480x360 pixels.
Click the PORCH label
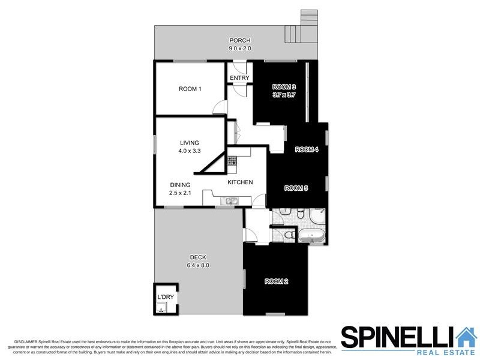[x=239, y=41]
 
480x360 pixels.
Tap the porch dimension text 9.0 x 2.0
[x=239, y=48]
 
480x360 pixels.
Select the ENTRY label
[x=239, y=78]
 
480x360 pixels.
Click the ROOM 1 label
[x=190, y=89]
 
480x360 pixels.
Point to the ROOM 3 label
[x=284, y=86]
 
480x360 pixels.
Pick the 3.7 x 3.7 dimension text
[x=284, y=95]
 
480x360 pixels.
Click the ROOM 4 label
[x=307, y=149]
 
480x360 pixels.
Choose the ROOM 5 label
[x=296, y=188]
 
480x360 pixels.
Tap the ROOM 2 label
[x=277, y=281]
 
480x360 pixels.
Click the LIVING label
[x=189, y=143]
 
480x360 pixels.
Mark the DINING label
[x=180, y=185]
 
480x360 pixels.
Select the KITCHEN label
[x=240, y=182]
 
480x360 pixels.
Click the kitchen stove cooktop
[x=233, y=161]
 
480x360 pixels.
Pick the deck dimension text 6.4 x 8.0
[x=197, y=265]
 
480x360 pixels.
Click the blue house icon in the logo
[x=466, y=337]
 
